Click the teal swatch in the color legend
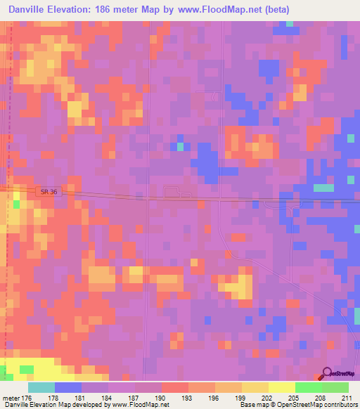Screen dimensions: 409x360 pos(41,387)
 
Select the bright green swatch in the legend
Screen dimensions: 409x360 pos(309,387)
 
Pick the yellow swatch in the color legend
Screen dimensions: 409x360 pos(282,387)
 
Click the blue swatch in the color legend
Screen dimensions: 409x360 pos(68,387)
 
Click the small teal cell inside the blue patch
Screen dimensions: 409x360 pos(180,146)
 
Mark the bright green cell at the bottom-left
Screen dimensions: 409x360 pos(26,370)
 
